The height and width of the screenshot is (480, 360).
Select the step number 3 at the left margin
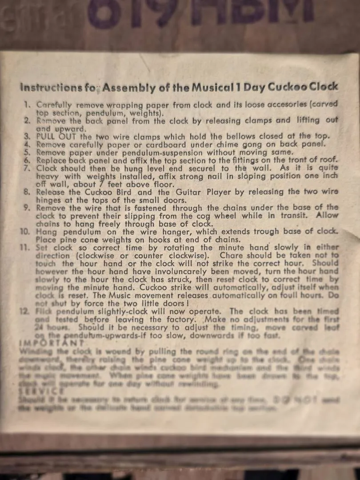pos(27,136)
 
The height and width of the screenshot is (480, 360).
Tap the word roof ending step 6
pos(328,160)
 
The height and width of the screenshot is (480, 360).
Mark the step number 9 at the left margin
pos(27,208)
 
